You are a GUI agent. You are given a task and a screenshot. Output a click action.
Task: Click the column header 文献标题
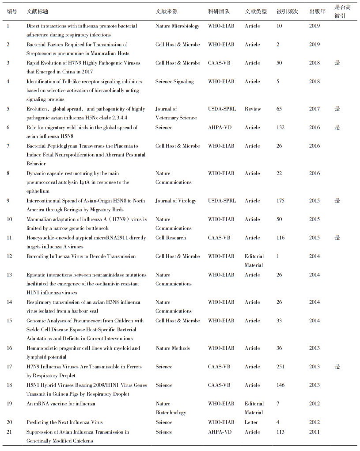point(37,11)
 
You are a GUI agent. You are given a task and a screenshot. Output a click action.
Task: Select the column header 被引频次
point(287,11)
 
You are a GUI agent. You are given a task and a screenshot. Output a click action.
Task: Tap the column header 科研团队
point(219,11)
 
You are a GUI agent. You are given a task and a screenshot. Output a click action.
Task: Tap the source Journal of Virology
point(176,201)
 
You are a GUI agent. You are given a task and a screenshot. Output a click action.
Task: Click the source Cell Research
point(171,237)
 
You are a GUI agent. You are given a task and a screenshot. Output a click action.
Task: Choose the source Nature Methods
point(173,348)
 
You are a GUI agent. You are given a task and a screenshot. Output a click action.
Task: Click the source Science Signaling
point(174,81)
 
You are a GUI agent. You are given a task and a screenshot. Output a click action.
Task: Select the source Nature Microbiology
point(178,26)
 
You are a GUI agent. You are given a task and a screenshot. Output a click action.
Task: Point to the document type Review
point(253,109)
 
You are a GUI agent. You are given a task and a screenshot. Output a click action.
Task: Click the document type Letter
point(251,422)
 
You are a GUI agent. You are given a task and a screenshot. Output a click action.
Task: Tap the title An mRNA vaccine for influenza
point(61,404)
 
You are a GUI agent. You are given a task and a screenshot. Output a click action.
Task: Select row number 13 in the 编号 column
point(9,275)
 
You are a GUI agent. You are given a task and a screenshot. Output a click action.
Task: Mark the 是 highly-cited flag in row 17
point(337,367)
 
